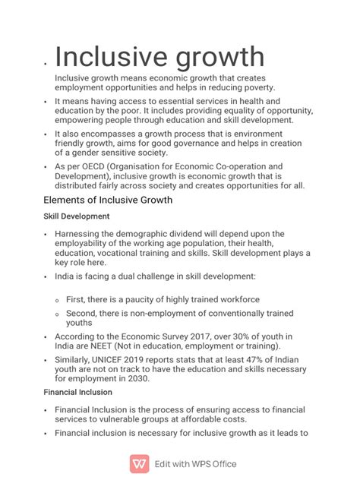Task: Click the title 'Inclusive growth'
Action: pyautogui.click(x=159, y=57)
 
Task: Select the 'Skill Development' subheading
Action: pyautogui.click(x=77, y=216)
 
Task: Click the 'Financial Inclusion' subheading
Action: pyautogui.click(x=78, y=392)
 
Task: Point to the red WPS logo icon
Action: pyautogui.click(x=139, y=463)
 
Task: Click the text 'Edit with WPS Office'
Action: pyautogui.click(x=195, y=464)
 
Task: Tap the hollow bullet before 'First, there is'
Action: pyautogui.click(x=57, y=301)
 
